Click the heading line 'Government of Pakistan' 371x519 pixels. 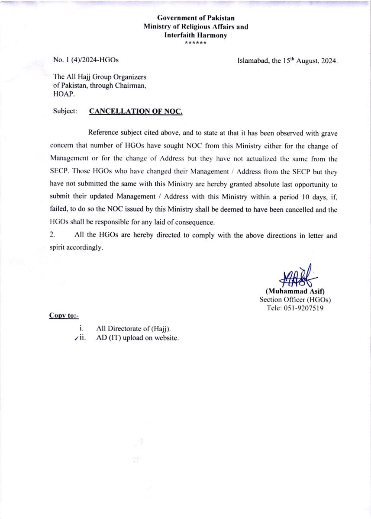[x=196, y=18]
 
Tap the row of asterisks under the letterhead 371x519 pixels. [x=196, y=43]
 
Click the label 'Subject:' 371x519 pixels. [x=65, y=111]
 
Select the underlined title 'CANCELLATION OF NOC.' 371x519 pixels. [x=135, y=111]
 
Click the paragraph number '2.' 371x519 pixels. [x=52, y=235]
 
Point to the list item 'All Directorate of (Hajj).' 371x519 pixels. [x=133, y=329]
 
